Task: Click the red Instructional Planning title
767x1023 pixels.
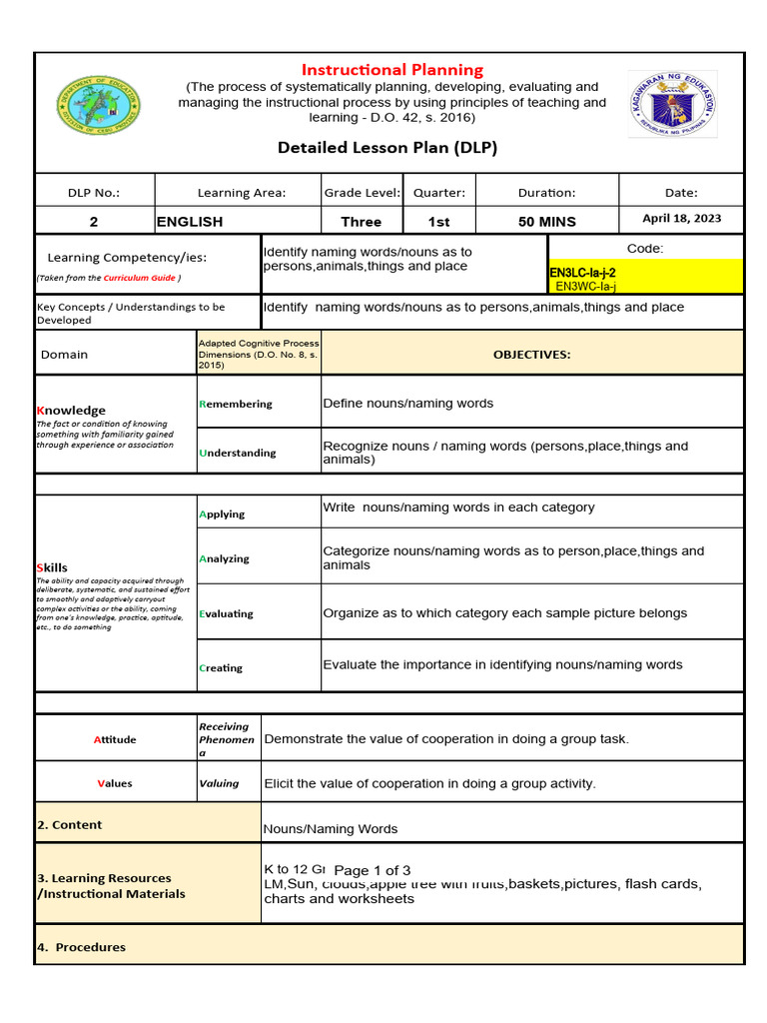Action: click(391, 70)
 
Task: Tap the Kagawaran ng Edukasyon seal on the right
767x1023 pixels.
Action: click(672, 105)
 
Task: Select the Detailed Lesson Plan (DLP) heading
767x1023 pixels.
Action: click(386, 148)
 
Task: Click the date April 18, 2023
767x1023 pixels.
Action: click(682, 219)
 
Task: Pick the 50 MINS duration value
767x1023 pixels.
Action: click(546, 222)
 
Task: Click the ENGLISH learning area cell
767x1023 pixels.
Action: click(190, 222)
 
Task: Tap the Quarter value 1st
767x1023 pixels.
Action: click(438, 222)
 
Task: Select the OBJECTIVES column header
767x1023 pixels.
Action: click(531, 355)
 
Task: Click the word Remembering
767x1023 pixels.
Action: click(236, 404)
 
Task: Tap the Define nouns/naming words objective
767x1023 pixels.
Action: click(407, 404)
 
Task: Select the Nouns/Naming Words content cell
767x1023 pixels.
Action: click(330, 829)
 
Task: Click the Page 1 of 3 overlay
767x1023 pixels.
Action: click(372, 870)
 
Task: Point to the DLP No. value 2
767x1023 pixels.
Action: click(94, 222)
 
